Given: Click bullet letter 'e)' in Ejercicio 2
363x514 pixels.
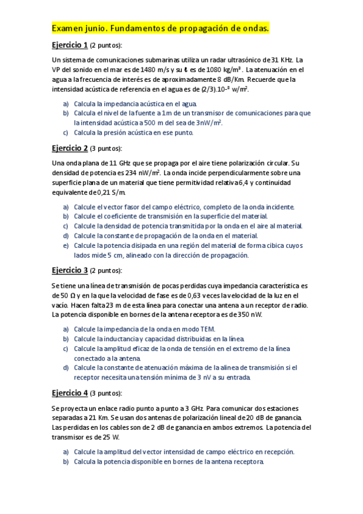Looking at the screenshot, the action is point(66,246).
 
